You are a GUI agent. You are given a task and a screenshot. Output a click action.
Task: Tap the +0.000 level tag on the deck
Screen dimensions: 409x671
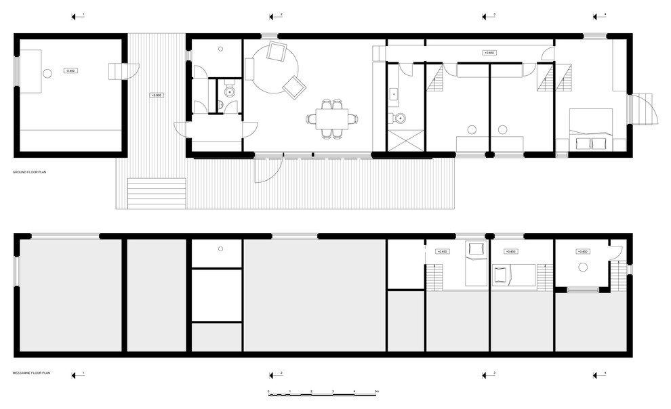pyautogui.click(x=156, y=95)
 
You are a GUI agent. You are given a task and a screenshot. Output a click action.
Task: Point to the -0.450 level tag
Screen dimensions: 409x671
pyautogui.click(x=70, y=70)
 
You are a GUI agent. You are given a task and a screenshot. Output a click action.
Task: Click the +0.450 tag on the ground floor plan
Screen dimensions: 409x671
pyautogui.click(x=487, y=52)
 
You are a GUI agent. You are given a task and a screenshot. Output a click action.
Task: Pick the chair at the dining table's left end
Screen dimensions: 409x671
pyautogui.click(x=311, y=119)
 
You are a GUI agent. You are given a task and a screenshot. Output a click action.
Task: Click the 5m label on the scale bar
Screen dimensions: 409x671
pyautogui.click(x=376, y=391)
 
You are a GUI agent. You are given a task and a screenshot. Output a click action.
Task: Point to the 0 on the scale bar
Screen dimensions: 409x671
pyautogui.click(x=269, y=391)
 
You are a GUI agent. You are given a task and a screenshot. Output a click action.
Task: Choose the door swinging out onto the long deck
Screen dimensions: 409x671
pyautogui.click(x=268, y=169)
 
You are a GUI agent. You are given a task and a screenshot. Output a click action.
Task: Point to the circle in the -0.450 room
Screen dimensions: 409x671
pyautogui.click(x=47, y=73)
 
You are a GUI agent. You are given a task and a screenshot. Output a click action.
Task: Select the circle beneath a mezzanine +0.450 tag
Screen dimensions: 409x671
pyautogui.click(x=582, y=266)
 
